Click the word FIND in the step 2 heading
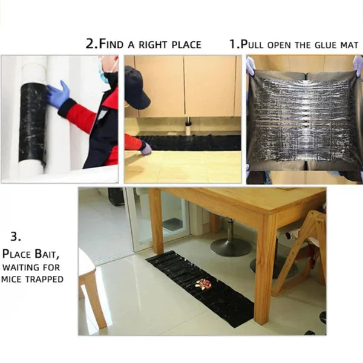coord(116,44)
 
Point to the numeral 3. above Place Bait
coord(16,236)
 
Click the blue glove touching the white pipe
coord(58,96)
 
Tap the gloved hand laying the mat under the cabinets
coord(146,148)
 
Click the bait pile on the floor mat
coord(204,284)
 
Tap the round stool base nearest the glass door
coord(231,246)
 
